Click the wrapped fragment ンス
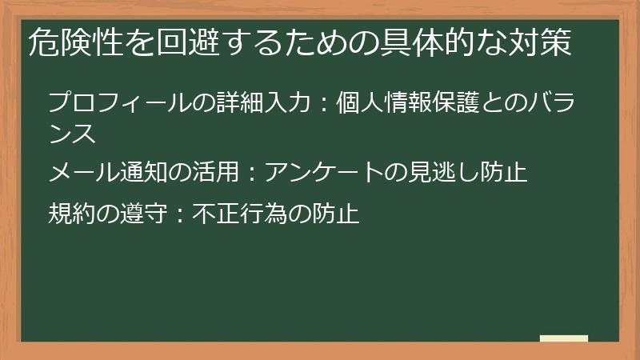click(x=73, y=132)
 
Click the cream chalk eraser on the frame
click(x=563, y=338)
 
